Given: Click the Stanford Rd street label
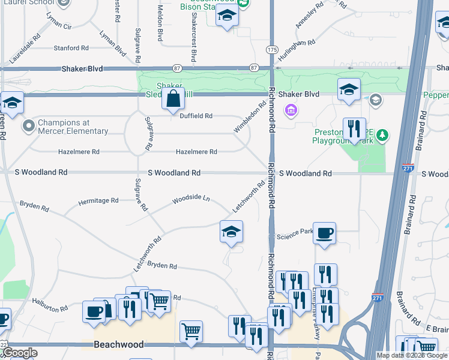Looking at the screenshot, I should (x=71, y=48).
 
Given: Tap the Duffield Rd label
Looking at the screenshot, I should (x=196, y=116).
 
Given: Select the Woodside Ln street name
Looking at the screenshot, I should (x=191, y=198).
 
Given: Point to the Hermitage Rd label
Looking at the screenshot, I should (x=98, y=202).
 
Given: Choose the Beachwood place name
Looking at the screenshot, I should (x=119, y=344).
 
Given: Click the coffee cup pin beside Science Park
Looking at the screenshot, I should (x=324, y=233).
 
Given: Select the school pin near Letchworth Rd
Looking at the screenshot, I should (x=231, y=232).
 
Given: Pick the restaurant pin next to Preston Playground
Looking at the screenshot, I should (x=354, y=129).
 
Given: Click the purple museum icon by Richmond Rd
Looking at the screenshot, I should (x=292, y=110).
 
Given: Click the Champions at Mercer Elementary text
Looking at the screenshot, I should (x=73, y=127).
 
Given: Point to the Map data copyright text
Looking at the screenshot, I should (x=412, y=355).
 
